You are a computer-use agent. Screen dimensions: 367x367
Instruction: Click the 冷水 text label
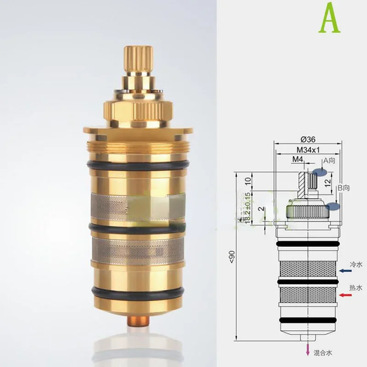tap(356, 265)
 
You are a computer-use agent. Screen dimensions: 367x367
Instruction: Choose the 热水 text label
tap(356, 288)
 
